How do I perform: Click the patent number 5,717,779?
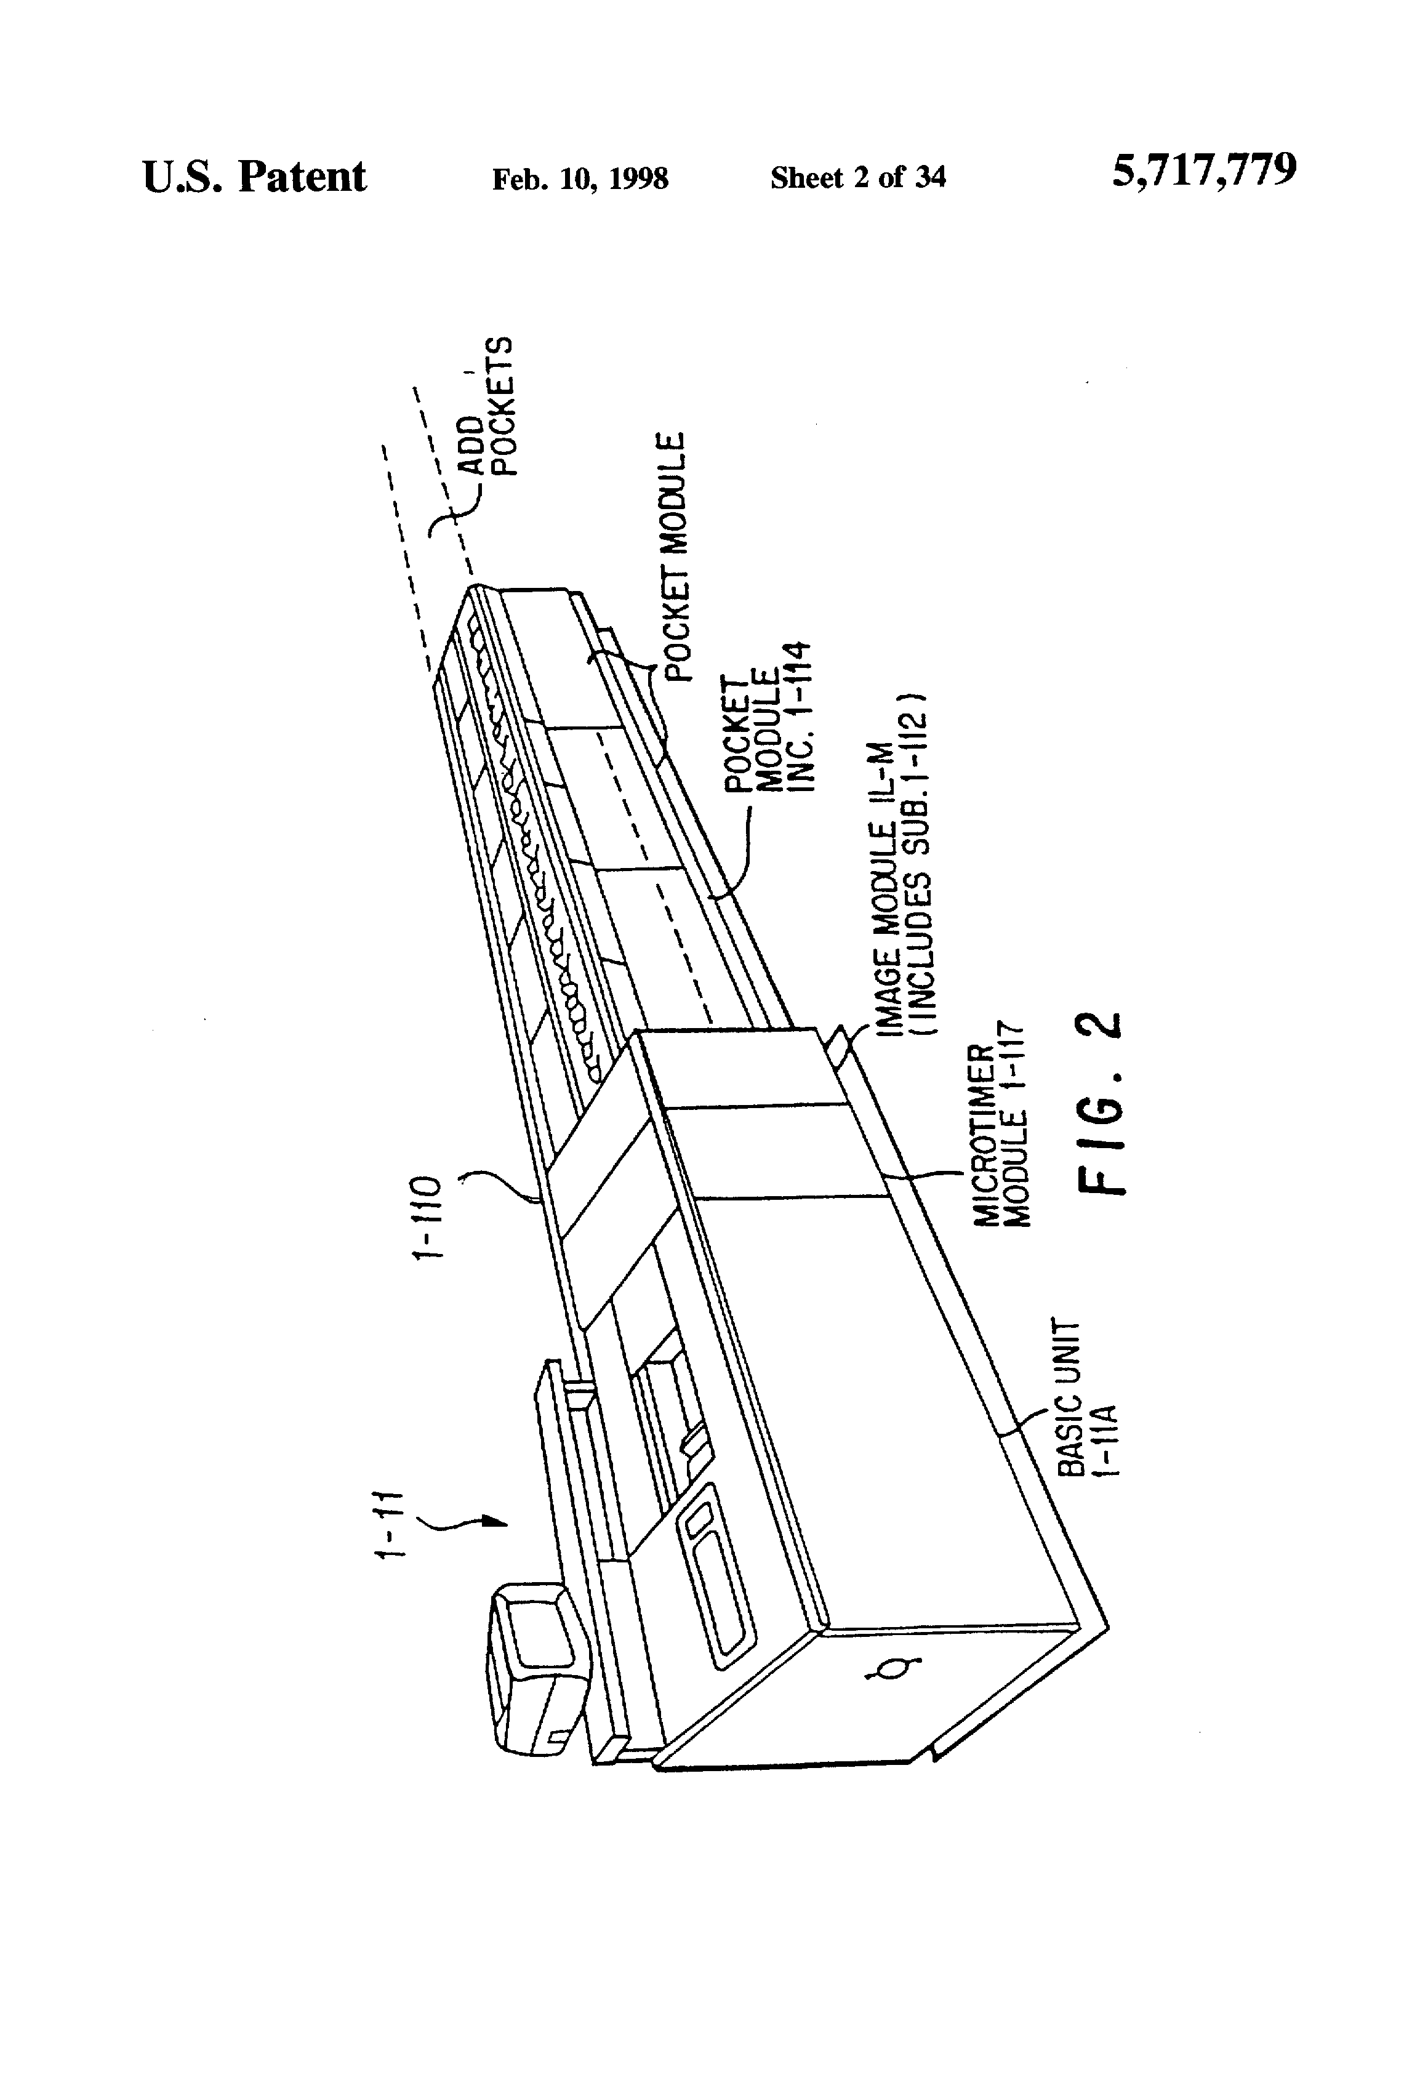tap(1204, 170)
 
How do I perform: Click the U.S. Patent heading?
tap(255, 177)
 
